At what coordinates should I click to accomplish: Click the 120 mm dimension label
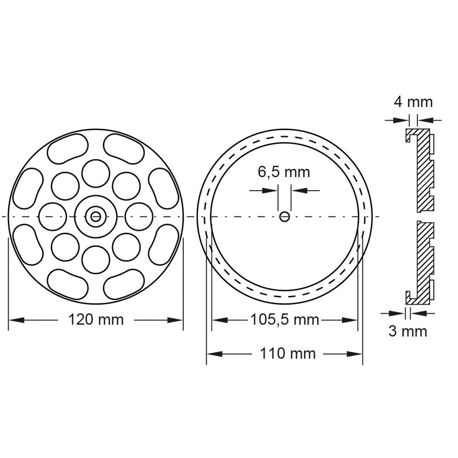click(96, 319)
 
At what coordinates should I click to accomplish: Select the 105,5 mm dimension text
click(285, 319)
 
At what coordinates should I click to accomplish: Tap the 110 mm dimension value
click(285, 353)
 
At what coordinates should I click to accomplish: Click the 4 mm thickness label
click(413, 102)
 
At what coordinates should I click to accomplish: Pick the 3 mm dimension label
click(408, 331)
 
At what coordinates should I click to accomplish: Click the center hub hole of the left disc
click(96, 216)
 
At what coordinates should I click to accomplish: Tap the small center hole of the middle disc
click(285, 216)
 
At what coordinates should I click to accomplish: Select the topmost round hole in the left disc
click(96, 172)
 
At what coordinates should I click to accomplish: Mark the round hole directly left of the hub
click(52, 216)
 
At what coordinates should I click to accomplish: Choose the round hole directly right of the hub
click(139, 216)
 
